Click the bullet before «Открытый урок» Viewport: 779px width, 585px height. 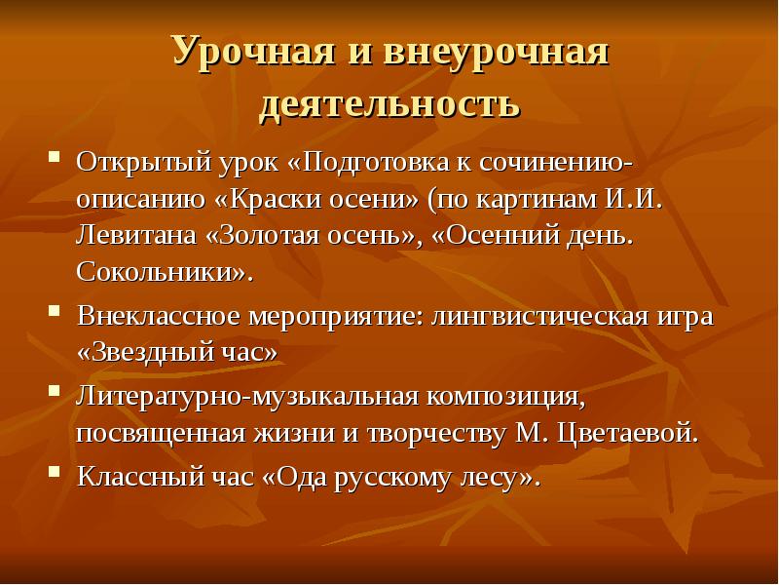(x=56, y=157)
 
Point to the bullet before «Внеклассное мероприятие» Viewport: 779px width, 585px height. (x=56, y=317)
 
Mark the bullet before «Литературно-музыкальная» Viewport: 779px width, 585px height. (x=56, y=397)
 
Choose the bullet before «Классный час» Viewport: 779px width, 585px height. (x=56, y=478)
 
